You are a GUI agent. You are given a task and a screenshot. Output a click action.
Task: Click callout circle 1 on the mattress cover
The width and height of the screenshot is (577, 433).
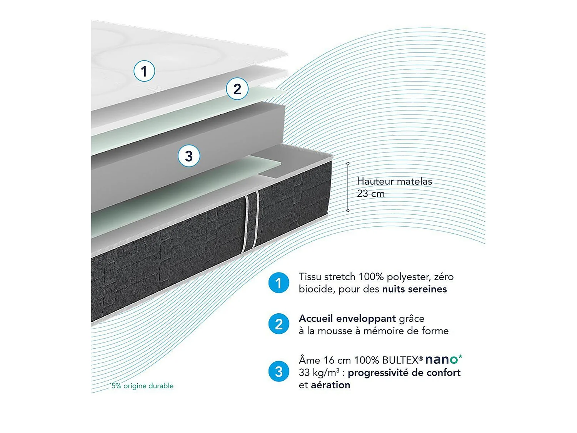144,71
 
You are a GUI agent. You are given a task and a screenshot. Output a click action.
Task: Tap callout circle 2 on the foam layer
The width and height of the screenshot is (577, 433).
237,89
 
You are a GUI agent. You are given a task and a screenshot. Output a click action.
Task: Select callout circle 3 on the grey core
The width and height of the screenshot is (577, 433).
189,156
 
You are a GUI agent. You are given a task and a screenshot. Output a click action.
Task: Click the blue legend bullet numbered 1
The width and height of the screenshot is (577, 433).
278,283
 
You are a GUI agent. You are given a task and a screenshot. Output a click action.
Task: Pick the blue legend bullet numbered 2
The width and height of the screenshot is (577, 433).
278,324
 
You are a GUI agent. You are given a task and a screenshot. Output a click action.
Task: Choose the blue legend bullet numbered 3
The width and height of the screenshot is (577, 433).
278,371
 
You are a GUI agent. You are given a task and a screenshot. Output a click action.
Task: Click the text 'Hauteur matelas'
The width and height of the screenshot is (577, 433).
394,181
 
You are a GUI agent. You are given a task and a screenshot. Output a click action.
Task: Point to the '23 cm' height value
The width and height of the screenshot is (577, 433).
370,194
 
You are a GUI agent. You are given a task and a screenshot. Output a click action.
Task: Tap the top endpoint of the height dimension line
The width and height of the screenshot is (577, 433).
348,164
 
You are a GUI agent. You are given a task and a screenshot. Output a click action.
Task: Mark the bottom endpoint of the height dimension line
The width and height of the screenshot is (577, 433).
348,211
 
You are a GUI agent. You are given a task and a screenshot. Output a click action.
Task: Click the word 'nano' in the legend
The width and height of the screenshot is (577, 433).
442,359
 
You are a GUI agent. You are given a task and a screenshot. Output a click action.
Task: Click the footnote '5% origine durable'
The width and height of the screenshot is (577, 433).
142,386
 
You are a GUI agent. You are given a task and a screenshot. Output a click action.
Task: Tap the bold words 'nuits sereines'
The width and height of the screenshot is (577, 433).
414,289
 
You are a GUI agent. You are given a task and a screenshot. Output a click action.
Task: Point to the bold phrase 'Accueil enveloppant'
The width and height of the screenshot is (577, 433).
347,319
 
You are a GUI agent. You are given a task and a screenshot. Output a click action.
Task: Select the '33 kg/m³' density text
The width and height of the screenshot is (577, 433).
319,373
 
